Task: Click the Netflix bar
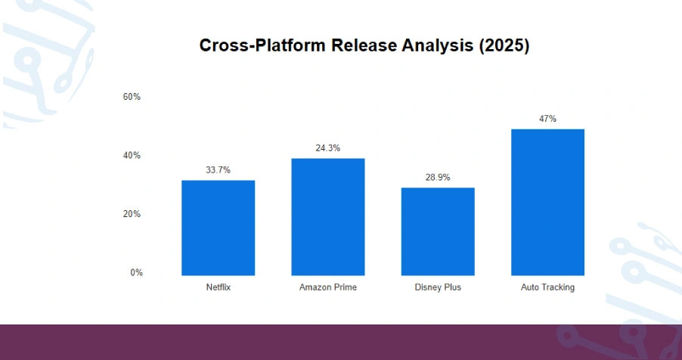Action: tap(218, 228)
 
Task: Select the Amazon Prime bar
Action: tap(328, 217)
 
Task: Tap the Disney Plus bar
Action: tap(438, 231)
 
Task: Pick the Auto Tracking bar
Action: tap(547, 202)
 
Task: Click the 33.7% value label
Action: tap(218, 170)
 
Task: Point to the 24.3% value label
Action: tap(328, 148)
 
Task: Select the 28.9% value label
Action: tap(438, 178)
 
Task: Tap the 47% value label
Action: tap(547, 119)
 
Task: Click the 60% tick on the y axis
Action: tap(132, 97)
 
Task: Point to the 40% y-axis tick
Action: tap(132, 156)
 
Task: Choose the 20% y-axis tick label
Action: tap(132, 214)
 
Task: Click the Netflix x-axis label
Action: tap(218, 287)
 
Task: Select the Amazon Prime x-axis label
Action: tap(328, 287)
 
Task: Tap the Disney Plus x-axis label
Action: tap(438, 287)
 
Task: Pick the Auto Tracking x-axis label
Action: tap(547, 287)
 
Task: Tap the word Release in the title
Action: tap(359, 45)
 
